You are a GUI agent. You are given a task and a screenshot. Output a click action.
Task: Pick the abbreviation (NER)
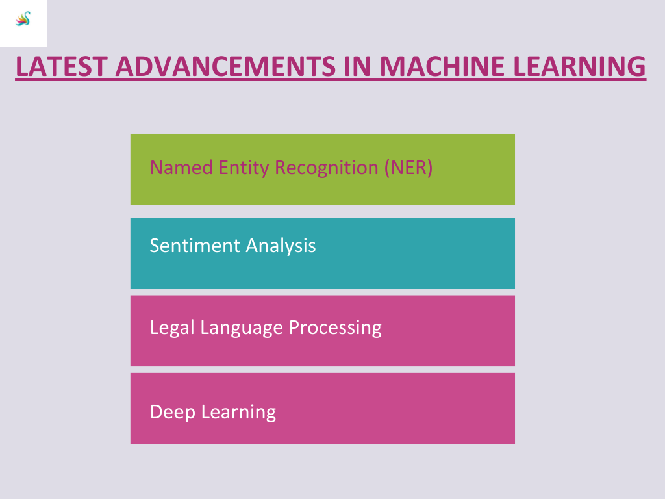coord(408,168)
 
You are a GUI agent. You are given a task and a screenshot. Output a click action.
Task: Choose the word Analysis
coord(281,246)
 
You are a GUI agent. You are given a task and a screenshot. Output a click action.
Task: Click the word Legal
coord(172,327)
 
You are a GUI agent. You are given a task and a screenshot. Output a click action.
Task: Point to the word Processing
coord(335,327)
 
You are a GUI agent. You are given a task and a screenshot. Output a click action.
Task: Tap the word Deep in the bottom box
coord(171,413)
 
